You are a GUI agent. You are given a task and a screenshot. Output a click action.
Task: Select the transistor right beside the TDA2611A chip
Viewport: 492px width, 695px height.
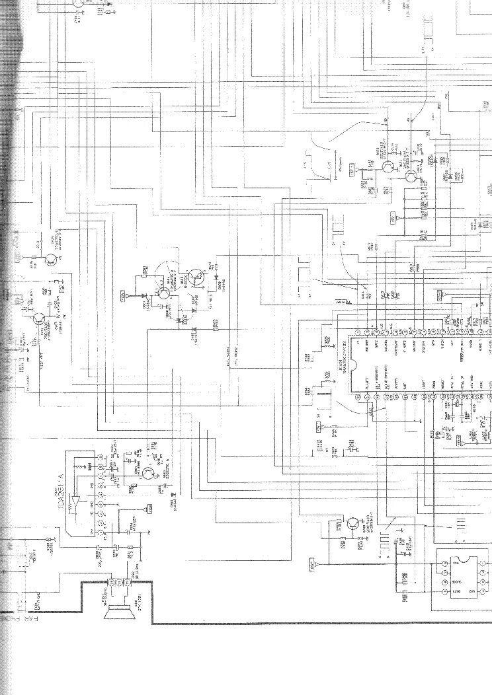tap(147, 472)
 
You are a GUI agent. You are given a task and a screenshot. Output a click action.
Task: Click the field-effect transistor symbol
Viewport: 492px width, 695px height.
tap(194, 278)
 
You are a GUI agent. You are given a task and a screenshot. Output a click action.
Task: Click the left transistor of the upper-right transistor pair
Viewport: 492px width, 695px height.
tap(389, 166)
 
